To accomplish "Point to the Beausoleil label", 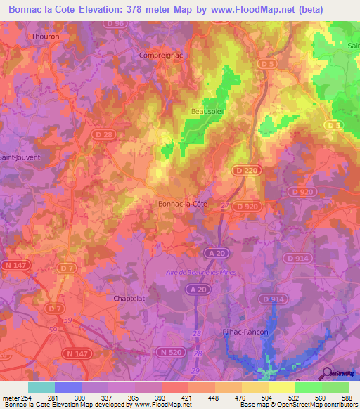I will (209, 110).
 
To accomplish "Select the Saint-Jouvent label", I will (20, 157).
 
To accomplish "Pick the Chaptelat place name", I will (129, 298).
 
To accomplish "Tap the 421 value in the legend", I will (187, 399).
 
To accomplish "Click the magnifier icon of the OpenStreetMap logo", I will (327, 372).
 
